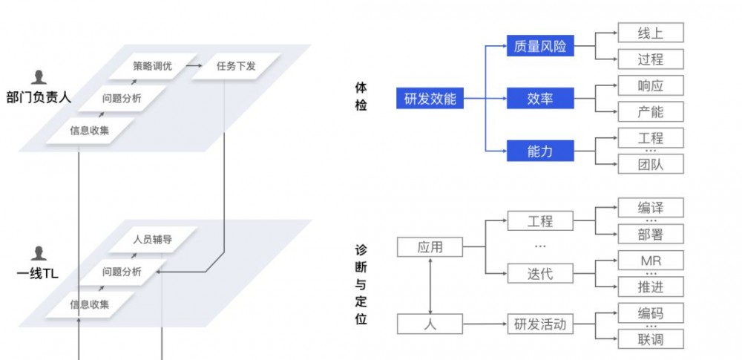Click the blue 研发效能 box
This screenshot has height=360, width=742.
[x=430, y=98]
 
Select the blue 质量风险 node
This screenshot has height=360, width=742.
[x=539, y=46]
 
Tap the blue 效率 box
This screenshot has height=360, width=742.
[x=539, y=98]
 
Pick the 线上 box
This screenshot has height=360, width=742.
[x=650, y=33]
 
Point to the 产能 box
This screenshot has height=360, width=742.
[x=650, y=112]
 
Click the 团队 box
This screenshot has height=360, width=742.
[x=650, y=164]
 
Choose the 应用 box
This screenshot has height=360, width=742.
[x=430, y=247]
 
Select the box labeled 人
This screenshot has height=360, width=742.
[x=430, y=324]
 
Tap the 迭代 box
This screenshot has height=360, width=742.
[x=539, y=274]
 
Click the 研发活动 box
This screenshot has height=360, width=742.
[x=539, y=324]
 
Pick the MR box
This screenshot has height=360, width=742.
[x=650, y=261]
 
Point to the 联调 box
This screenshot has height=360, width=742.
[x=650, y=339]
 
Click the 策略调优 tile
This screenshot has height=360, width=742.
[x=152, y=66]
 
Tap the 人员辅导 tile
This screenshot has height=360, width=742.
[x=152, y=240]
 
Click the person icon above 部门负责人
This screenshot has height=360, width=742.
[x=39, y=77]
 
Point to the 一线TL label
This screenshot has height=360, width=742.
[x=37, y=273]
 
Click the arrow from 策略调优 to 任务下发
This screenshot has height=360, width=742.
[x=194, y=66]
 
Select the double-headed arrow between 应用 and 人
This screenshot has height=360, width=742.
[x=430, y=286]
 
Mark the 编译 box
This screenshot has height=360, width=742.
[x=650, y=208]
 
